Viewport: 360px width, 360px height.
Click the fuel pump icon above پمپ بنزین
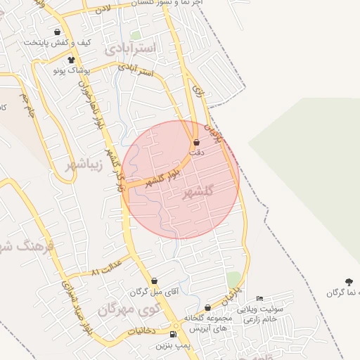coord(174,333)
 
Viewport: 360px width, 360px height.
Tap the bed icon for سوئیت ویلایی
coord(259,300)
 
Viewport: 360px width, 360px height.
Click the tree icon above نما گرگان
coord(349,281)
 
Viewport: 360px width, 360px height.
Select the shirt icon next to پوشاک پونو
coord(71,60)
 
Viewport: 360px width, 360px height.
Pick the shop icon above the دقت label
coord(195,143)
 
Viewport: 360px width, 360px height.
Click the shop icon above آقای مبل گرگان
coord(154,281)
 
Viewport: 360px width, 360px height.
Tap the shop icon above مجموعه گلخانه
coord(207,308)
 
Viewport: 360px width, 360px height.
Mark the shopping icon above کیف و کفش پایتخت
coord(58,32)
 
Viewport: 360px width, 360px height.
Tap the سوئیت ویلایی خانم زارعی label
coord(259,314)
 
